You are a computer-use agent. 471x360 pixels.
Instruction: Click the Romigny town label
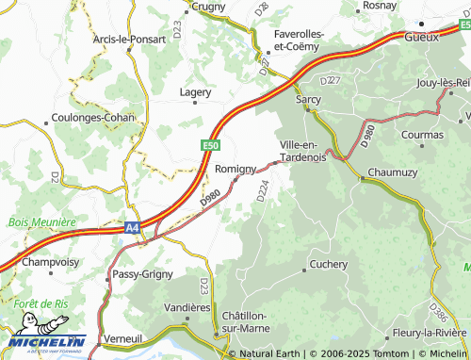pos(235,169)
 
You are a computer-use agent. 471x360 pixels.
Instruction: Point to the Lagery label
pos(196,92)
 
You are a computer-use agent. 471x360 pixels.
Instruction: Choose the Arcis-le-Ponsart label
pos(130,40)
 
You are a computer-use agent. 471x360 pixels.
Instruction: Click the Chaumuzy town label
pos(392,172)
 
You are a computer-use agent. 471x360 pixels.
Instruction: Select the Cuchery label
pos(329,265)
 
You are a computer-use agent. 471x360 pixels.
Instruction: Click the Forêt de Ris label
pos(40,303)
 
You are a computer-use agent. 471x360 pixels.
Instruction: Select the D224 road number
pos(263,190)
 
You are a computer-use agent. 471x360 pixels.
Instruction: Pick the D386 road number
pos(437,310)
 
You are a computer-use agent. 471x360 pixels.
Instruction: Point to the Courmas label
pos(421,135)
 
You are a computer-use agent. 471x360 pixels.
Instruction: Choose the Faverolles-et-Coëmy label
pos(299,41)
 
